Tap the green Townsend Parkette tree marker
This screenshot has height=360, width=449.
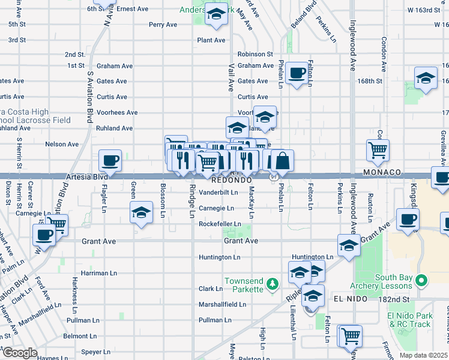pyautogui.click(x=273, y=282)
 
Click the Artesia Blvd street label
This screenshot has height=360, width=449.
pyautogui.click(x=90, y=178)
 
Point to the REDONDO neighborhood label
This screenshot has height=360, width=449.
pyautogui.click(x=232, y=180)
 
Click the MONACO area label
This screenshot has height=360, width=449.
pyautogui.click(x=382, y=172)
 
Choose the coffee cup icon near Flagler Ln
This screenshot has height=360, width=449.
pyautogui.click(x=110, y=161)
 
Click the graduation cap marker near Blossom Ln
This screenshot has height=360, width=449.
pyautogui.click(x=141, y=213)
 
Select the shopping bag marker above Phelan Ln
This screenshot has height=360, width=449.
pyautogui.click(x=282, y=161)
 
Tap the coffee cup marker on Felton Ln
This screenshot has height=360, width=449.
pyautogui.click(x=295, y=74)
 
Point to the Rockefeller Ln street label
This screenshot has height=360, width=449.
pyautogui.click(x=220, y=224)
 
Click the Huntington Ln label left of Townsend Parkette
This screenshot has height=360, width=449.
pyautogui.click(x=220, y=257)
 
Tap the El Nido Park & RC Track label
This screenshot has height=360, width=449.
pyautogui.click(x=410, y=320)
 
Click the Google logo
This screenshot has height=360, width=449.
pyautogui.click(x=20, y=353)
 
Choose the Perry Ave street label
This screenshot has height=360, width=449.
pyautogui.click(x=163, y=25)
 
